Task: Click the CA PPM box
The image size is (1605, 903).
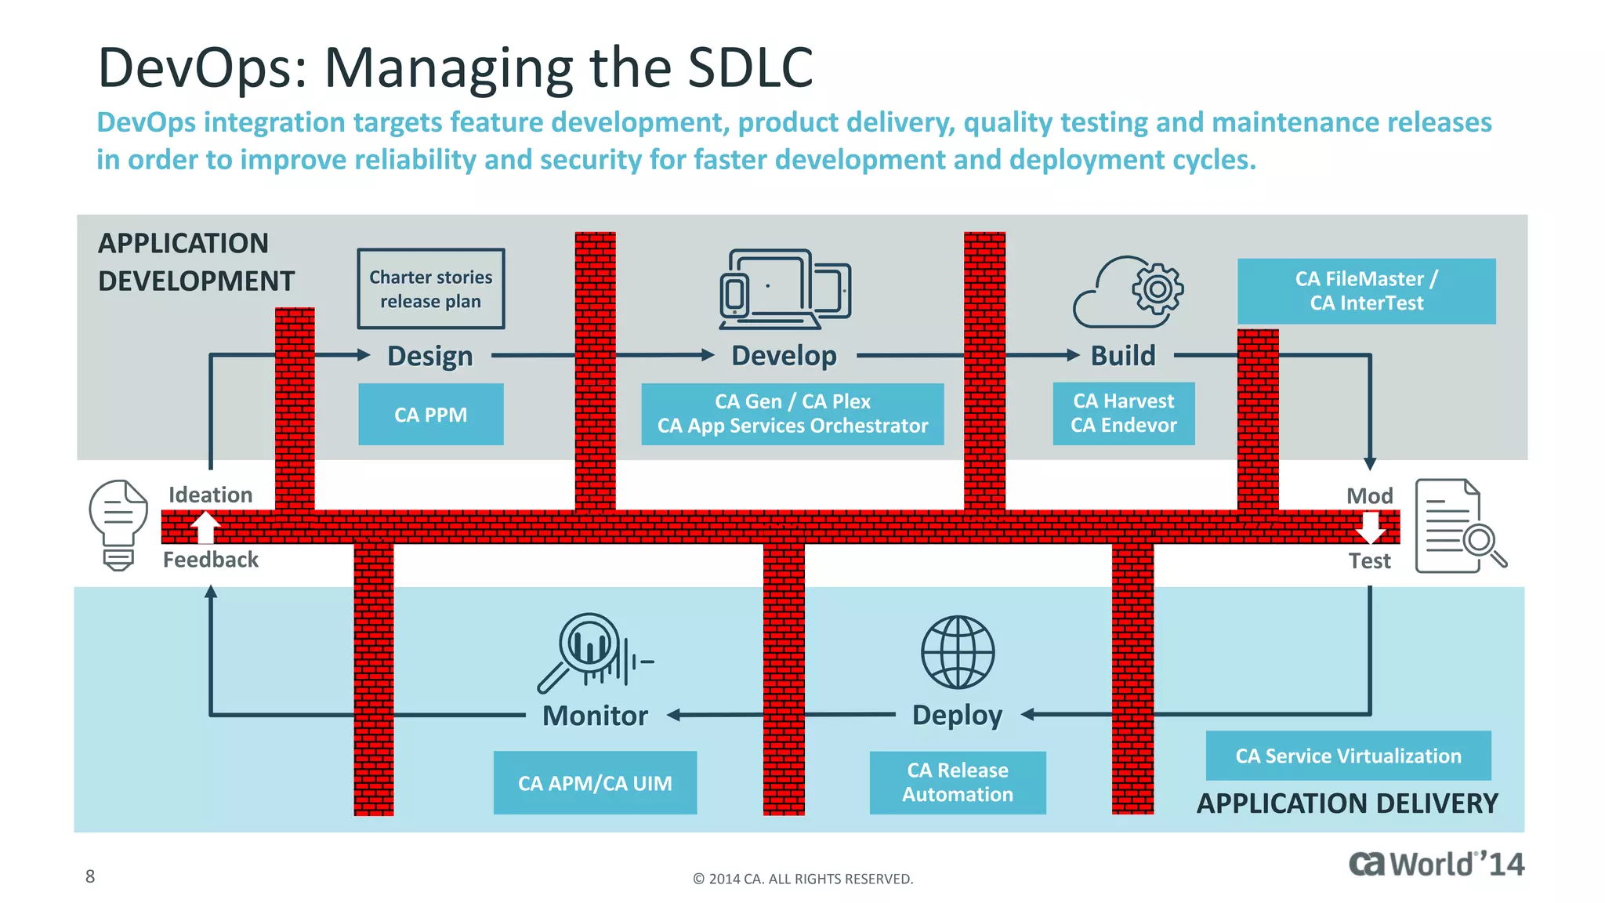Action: [x=430, y=414]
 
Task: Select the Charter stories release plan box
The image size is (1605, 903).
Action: [x=430, y=288]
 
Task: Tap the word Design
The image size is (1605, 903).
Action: [x=430, y=356]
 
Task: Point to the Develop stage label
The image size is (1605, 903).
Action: [x=784, y=356]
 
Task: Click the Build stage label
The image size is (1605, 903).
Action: [x=1123, y=356]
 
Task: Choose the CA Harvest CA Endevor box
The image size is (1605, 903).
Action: [x=1123, y=413]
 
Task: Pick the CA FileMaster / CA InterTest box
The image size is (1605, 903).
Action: [x=1366, y=291]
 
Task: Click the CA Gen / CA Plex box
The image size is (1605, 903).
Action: [x=792, y=414]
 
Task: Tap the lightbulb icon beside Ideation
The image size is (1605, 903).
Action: [x=118, y=524]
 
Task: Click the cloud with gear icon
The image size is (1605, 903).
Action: [x=1128, y=292]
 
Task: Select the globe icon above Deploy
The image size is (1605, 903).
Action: [x=957, y=652]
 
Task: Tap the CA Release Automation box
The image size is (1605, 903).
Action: [x=957, y=782]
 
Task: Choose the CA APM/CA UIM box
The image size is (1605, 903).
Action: [x=595, y=782]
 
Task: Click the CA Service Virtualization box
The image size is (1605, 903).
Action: [x=1348, y=756]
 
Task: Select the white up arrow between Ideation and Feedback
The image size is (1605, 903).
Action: [x=205, y=527]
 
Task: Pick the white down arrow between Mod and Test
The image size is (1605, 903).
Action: [x=1370, y=527]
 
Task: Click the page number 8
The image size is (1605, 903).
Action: [x=90, y=876]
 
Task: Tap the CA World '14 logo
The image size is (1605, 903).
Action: [x=1436, y=864]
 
